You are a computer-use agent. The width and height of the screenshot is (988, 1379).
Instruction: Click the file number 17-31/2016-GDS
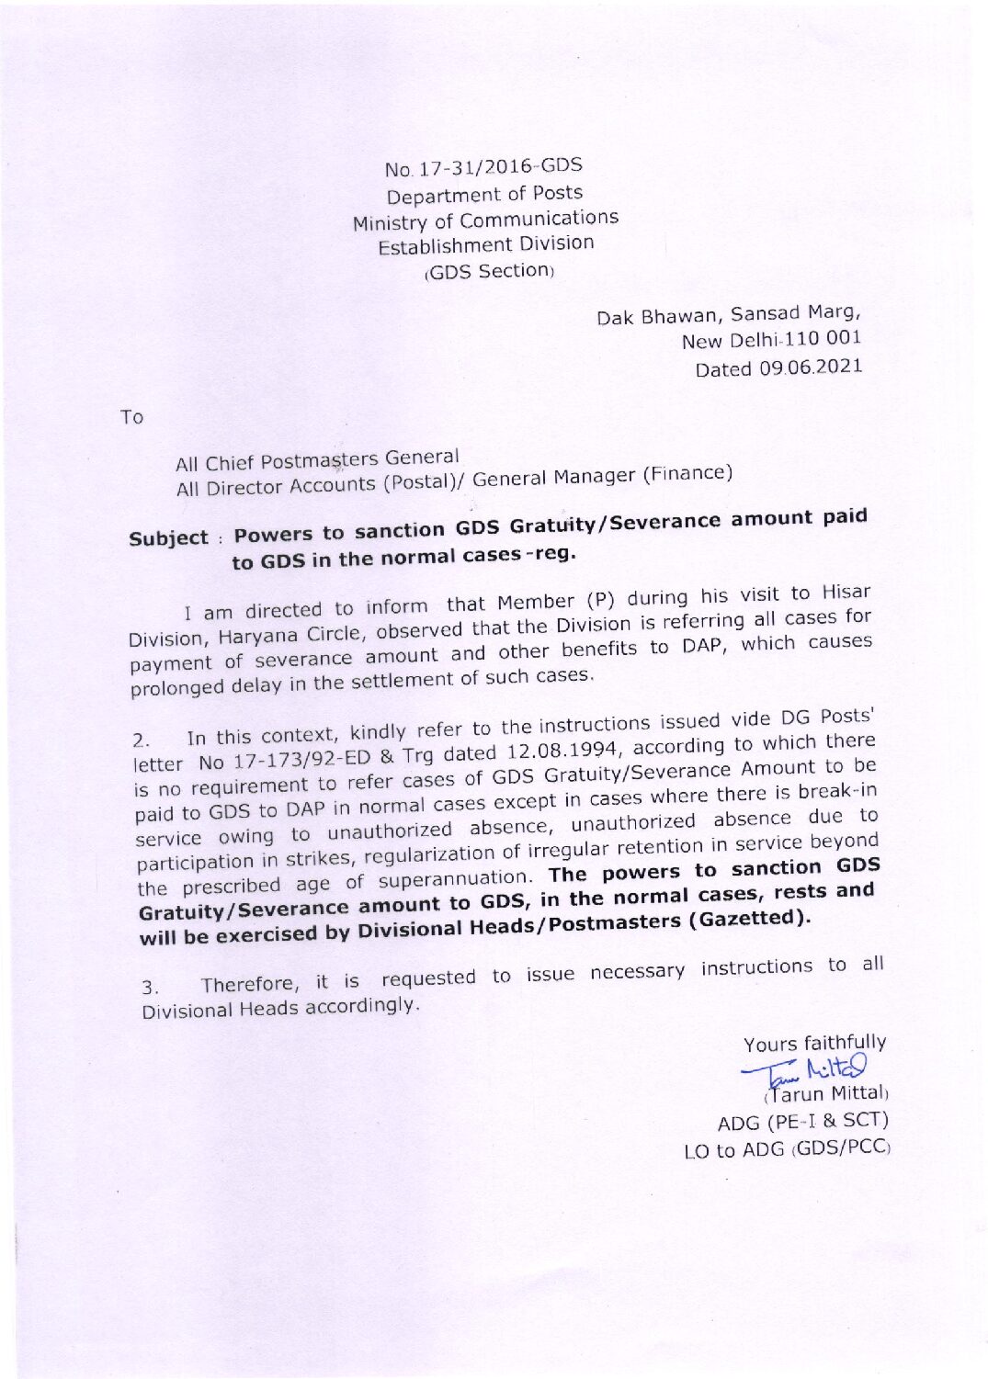point(500,166)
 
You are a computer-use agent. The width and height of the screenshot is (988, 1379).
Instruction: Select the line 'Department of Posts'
point(484,194)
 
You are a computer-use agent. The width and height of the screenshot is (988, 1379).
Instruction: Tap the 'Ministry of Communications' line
point(485,220)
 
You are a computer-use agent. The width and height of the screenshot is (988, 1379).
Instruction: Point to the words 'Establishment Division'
point(485,245)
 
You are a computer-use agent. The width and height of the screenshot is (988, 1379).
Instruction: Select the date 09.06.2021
point(810,367)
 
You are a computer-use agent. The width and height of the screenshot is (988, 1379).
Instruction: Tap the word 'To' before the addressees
point(131,417)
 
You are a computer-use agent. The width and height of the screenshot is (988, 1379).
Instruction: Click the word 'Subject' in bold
point(168,537)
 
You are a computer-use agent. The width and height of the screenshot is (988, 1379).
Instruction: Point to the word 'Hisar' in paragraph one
point(846,591)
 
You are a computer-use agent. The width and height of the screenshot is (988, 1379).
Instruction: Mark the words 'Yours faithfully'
point(814,1043)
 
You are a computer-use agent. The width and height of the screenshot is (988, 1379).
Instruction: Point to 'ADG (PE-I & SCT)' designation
point(802,1121)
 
